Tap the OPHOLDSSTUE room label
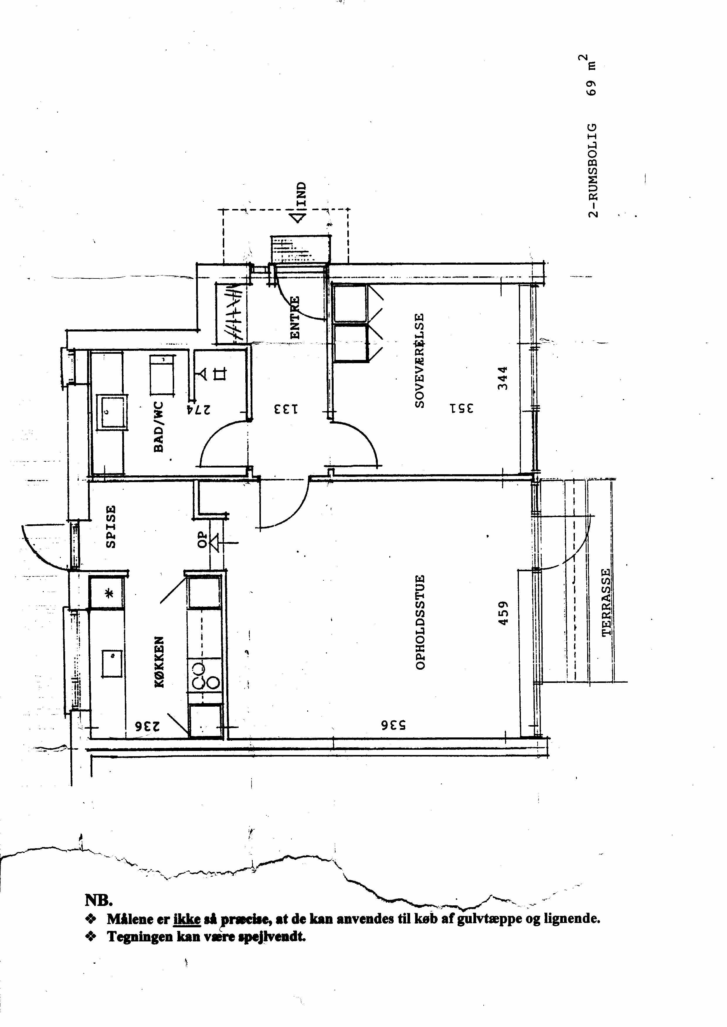point(419,622)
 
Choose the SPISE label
point(111,526)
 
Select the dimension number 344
point(503,378)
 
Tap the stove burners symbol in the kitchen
point(206,677)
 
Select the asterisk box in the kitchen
point(108,594)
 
